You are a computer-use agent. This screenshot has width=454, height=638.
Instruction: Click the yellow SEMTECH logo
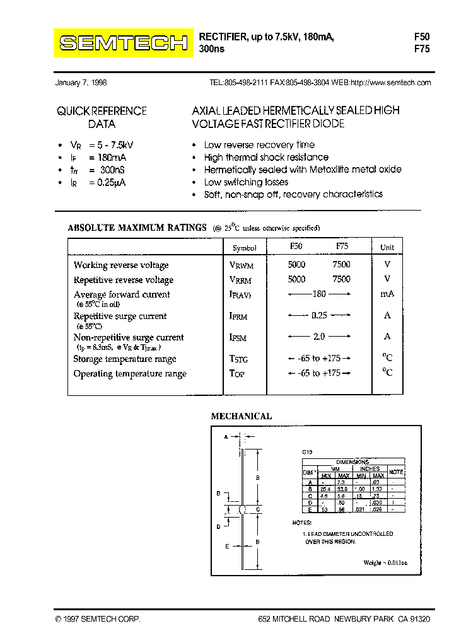click(124, 43)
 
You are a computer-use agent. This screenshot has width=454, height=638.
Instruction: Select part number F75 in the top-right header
click(421, 49)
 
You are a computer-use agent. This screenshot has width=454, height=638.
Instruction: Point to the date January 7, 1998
click(81, 83)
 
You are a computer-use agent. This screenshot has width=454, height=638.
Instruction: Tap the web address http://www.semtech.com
click(390, 83)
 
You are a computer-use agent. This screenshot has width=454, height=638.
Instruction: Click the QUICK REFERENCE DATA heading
click(102, 117)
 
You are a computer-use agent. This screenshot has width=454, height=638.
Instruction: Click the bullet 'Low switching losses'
click(246, 182)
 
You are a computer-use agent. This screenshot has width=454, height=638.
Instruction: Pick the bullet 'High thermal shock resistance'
click(266, 158)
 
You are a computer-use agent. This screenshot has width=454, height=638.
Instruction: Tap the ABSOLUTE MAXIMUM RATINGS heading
click(137, 228)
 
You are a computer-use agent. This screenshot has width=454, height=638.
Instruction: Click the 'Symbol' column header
click(245, 248)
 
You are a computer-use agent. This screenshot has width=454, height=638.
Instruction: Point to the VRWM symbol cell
click(241, 266)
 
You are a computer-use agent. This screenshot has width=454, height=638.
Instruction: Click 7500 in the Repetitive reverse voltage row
click(341, 279)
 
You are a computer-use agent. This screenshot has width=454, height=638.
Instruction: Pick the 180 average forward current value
click(319, 294)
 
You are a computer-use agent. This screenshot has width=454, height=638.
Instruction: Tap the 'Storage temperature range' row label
click(125, 359)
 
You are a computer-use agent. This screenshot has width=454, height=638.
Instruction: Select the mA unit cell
click(387, 294)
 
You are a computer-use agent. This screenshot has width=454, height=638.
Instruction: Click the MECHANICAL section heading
click(241, 417)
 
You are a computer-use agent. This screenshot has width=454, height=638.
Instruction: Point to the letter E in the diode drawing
click(226, 547)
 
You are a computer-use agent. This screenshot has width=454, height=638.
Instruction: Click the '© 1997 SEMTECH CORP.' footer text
click(98, 620)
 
